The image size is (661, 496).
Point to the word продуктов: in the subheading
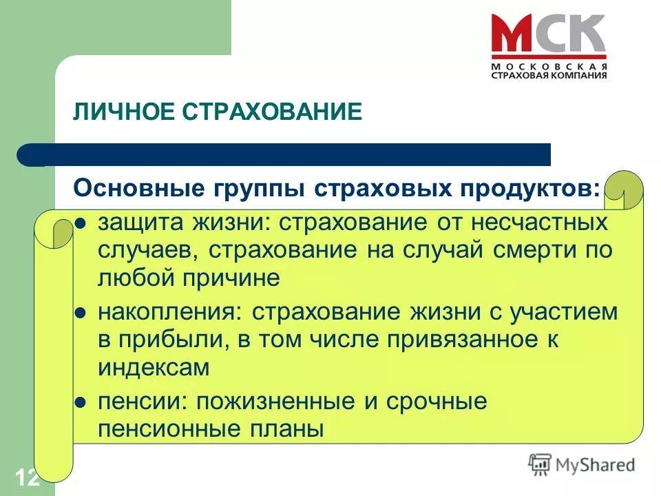pyautogui.click(x=534, y=188)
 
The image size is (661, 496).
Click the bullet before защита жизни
pyautogui.click(x=80, y=223)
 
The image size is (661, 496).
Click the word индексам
pyautogui.click(x=153, y=367)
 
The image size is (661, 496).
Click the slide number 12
pyautogui.click(x=26, y=477)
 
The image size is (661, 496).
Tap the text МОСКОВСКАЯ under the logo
pyautogui.click(x=549, y=66)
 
